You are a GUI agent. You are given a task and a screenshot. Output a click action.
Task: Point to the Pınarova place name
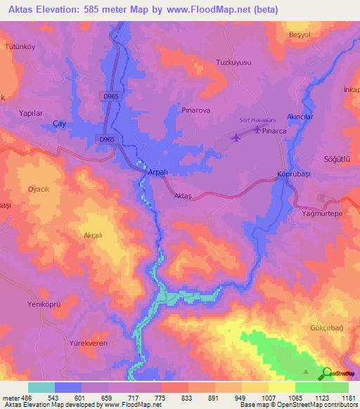195,111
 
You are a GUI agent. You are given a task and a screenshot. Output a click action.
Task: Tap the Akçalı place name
94,236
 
